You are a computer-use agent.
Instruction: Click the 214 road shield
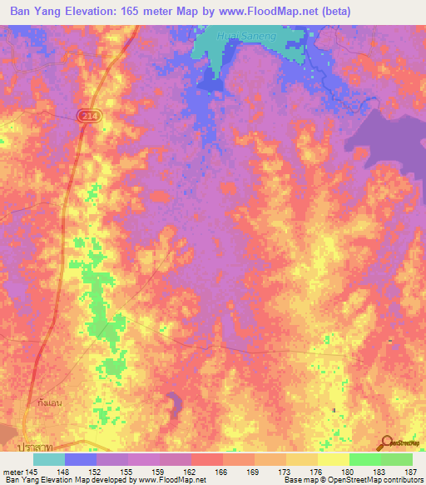pos(90,117)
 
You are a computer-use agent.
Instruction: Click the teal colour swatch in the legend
pos(49,459)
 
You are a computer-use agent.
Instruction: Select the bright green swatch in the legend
pos(364,459)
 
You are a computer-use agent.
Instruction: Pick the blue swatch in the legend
pos(81,459)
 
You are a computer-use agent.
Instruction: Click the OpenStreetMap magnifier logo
pos(386,442)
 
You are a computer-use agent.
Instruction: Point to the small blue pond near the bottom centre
pos(174,404)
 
